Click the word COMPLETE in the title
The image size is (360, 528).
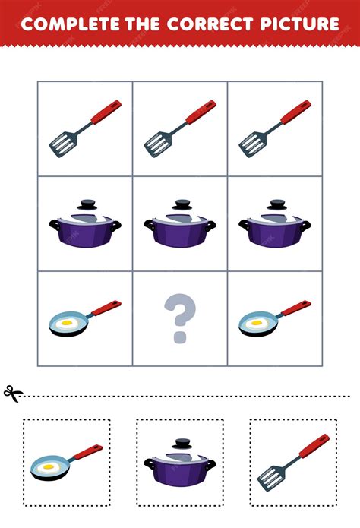point(70,24)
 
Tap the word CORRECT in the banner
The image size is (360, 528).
point(210,24)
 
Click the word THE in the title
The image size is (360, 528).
point(143,24)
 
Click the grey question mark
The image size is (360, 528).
point(180,318)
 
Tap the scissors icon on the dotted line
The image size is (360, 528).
point(13,394)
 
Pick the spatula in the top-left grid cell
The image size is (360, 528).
point(85,128)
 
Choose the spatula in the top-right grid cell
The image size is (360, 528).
point(275,128)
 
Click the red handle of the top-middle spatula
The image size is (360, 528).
point(201,112)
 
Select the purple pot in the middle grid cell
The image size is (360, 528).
point(180,223)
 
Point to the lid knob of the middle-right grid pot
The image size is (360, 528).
point(276,204)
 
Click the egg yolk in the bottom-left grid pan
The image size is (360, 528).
point(67,323)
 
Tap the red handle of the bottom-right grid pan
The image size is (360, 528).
point(296,308)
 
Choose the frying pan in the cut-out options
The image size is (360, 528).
point(67,463)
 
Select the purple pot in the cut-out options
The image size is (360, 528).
point(180,463)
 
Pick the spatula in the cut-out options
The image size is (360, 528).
point(293,463)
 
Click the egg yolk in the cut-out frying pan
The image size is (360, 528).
point(49,467)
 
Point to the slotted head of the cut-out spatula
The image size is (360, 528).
point(271,479)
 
